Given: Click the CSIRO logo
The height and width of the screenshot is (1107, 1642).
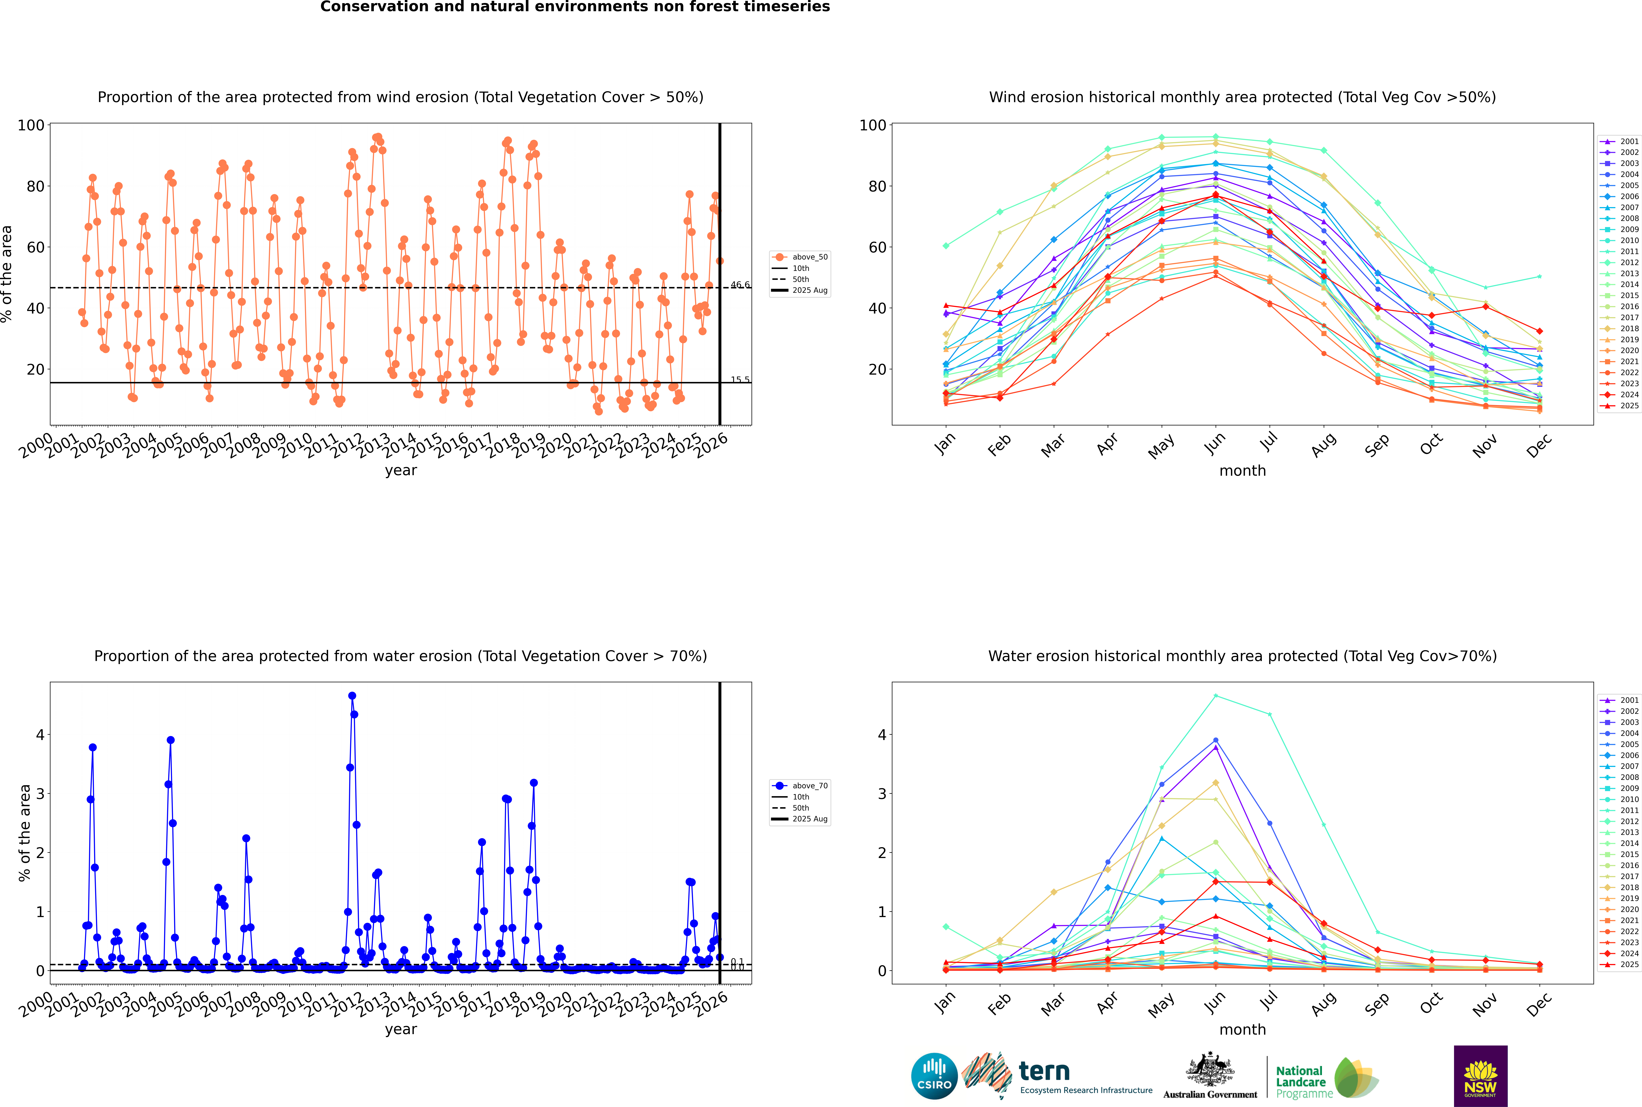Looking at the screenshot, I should click(x=934, y=1076).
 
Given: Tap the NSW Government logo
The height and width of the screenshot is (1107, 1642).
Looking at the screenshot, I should click(x=1480, y=1075).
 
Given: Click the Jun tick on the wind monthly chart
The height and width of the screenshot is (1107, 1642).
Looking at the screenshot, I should click(x=1215, y=443).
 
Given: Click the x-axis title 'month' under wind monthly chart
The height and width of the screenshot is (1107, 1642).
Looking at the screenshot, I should click(x=1242, y=471).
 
